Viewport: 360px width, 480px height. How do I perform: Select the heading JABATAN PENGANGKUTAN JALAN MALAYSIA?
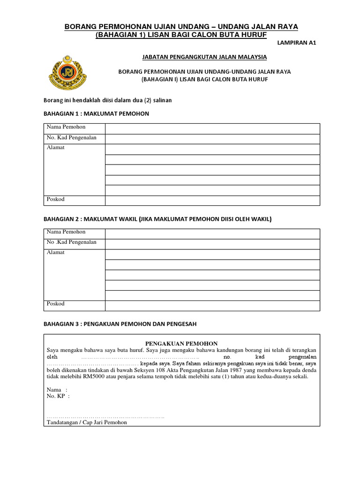click(x=204, y=57)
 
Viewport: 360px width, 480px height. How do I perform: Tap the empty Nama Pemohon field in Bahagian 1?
click(x=212, y=128)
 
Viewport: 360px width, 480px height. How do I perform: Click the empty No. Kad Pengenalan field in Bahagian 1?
click(x=212, y=139)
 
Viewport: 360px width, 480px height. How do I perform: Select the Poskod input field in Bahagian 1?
click(x=212, y=201)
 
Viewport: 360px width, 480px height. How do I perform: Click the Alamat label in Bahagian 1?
click(x=55, y=148)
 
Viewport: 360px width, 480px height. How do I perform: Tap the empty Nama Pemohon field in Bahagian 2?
click(x=212, y=233)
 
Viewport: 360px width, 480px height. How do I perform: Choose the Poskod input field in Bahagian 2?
click(x=212, y=306)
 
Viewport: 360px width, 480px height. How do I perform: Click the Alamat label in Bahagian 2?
click(x=55, y=253)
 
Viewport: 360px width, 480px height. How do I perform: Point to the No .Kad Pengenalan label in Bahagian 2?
click(x=71, y=242)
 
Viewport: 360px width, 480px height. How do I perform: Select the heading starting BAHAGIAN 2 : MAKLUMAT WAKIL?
click(x=157, y=219)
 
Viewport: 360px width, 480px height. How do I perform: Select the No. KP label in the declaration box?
click(x=58, y=396)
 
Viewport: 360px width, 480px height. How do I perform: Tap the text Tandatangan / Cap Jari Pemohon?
click(x=87, y=422)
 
